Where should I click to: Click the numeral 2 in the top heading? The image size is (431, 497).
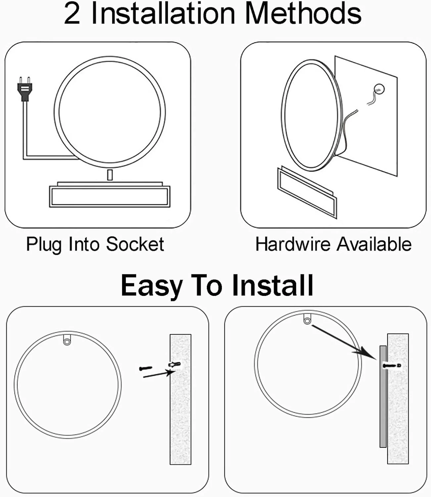pyautogui.click(x=72, y=14)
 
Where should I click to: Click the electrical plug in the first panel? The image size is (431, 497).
pyautogui.click(x=25, y=89)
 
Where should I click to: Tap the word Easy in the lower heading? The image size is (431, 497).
pyautogui.click(x=152, y=286)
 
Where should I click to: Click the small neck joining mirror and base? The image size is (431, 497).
pyautogui.click(x=110, y=175)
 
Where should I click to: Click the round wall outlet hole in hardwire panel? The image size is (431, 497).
pyautogui.click(x=379, y=89)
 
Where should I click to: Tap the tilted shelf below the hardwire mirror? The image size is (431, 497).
pyautogui.click(x=307, y=192)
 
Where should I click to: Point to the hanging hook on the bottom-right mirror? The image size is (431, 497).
pyautogui.click(x=307, y=319)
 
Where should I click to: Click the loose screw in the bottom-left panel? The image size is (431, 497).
pyautogui.click(x=146, y=368)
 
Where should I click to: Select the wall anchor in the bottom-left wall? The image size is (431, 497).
pyautogui.click(x=174, y=364)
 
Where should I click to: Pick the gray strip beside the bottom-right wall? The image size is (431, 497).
pyautogui.click(x=383, y=396)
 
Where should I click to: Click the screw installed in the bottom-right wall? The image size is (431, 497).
pyautogui.click(x=392, y=365)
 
